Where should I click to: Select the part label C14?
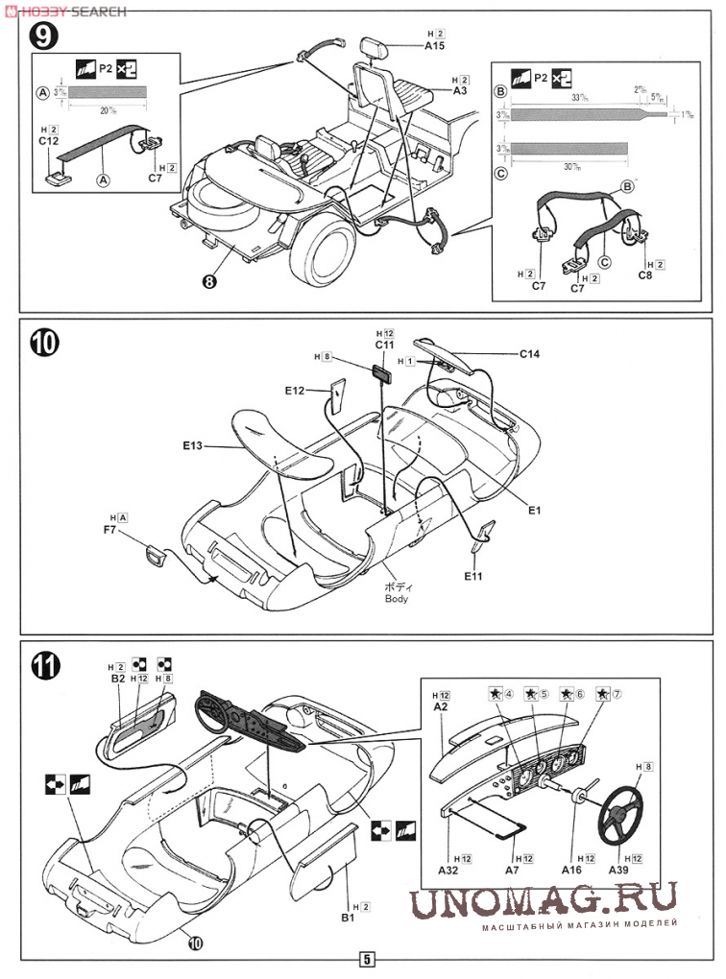(530, 354)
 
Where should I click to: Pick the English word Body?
(396, 598)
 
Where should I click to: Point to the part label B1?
(348, 919)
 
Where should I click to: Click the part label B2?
(118, 678)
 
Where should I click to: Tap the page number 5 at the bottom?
(367, 958)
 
